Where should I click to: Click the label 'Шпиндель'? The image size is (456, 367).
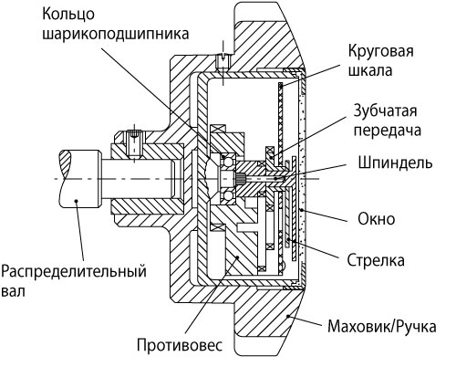pos(395,163)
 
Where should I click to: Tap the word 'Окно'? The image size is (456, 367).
pos(377,218)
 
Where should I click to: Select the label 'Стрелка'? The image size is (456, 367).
pos(376,260)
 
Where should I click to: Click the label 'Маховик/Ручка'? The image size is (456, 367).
pos(382,327)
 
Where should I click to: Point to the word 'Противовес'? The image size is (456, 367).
pos(180,345)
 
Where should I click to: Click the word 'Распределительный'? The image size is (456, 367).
pos(74,272)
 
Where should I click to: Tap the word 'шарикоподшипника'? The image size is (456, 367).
pos(115,34)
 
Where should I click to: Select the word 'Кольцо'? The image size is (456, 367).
pos(68,14)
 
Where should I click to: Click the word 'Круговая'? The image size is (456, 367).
pos(381,51)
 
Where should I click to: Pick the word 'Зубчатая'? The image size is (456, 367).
pos(385,111)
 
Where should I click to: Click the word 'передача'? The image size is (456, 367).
pos(388,131)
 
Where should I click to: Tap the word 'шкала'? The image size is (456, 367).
pos(370,70)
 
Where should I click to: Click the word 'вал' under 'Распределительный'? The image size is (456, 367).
pos(13,291)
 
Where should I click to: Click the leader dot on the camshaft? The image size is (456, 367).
pos(77,201)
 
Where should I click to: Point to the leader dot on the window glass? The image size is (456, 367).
pos(301,210)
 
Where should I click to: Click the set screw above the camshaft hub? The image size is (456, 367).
pos(134,143)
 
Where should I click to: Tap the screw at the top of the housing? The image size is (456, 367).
pos(223,62)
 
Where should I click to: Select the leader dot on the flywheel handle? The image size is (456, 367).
pos(287,317)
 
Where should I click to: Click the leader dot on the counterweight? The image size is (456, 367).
pos(238,257)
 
